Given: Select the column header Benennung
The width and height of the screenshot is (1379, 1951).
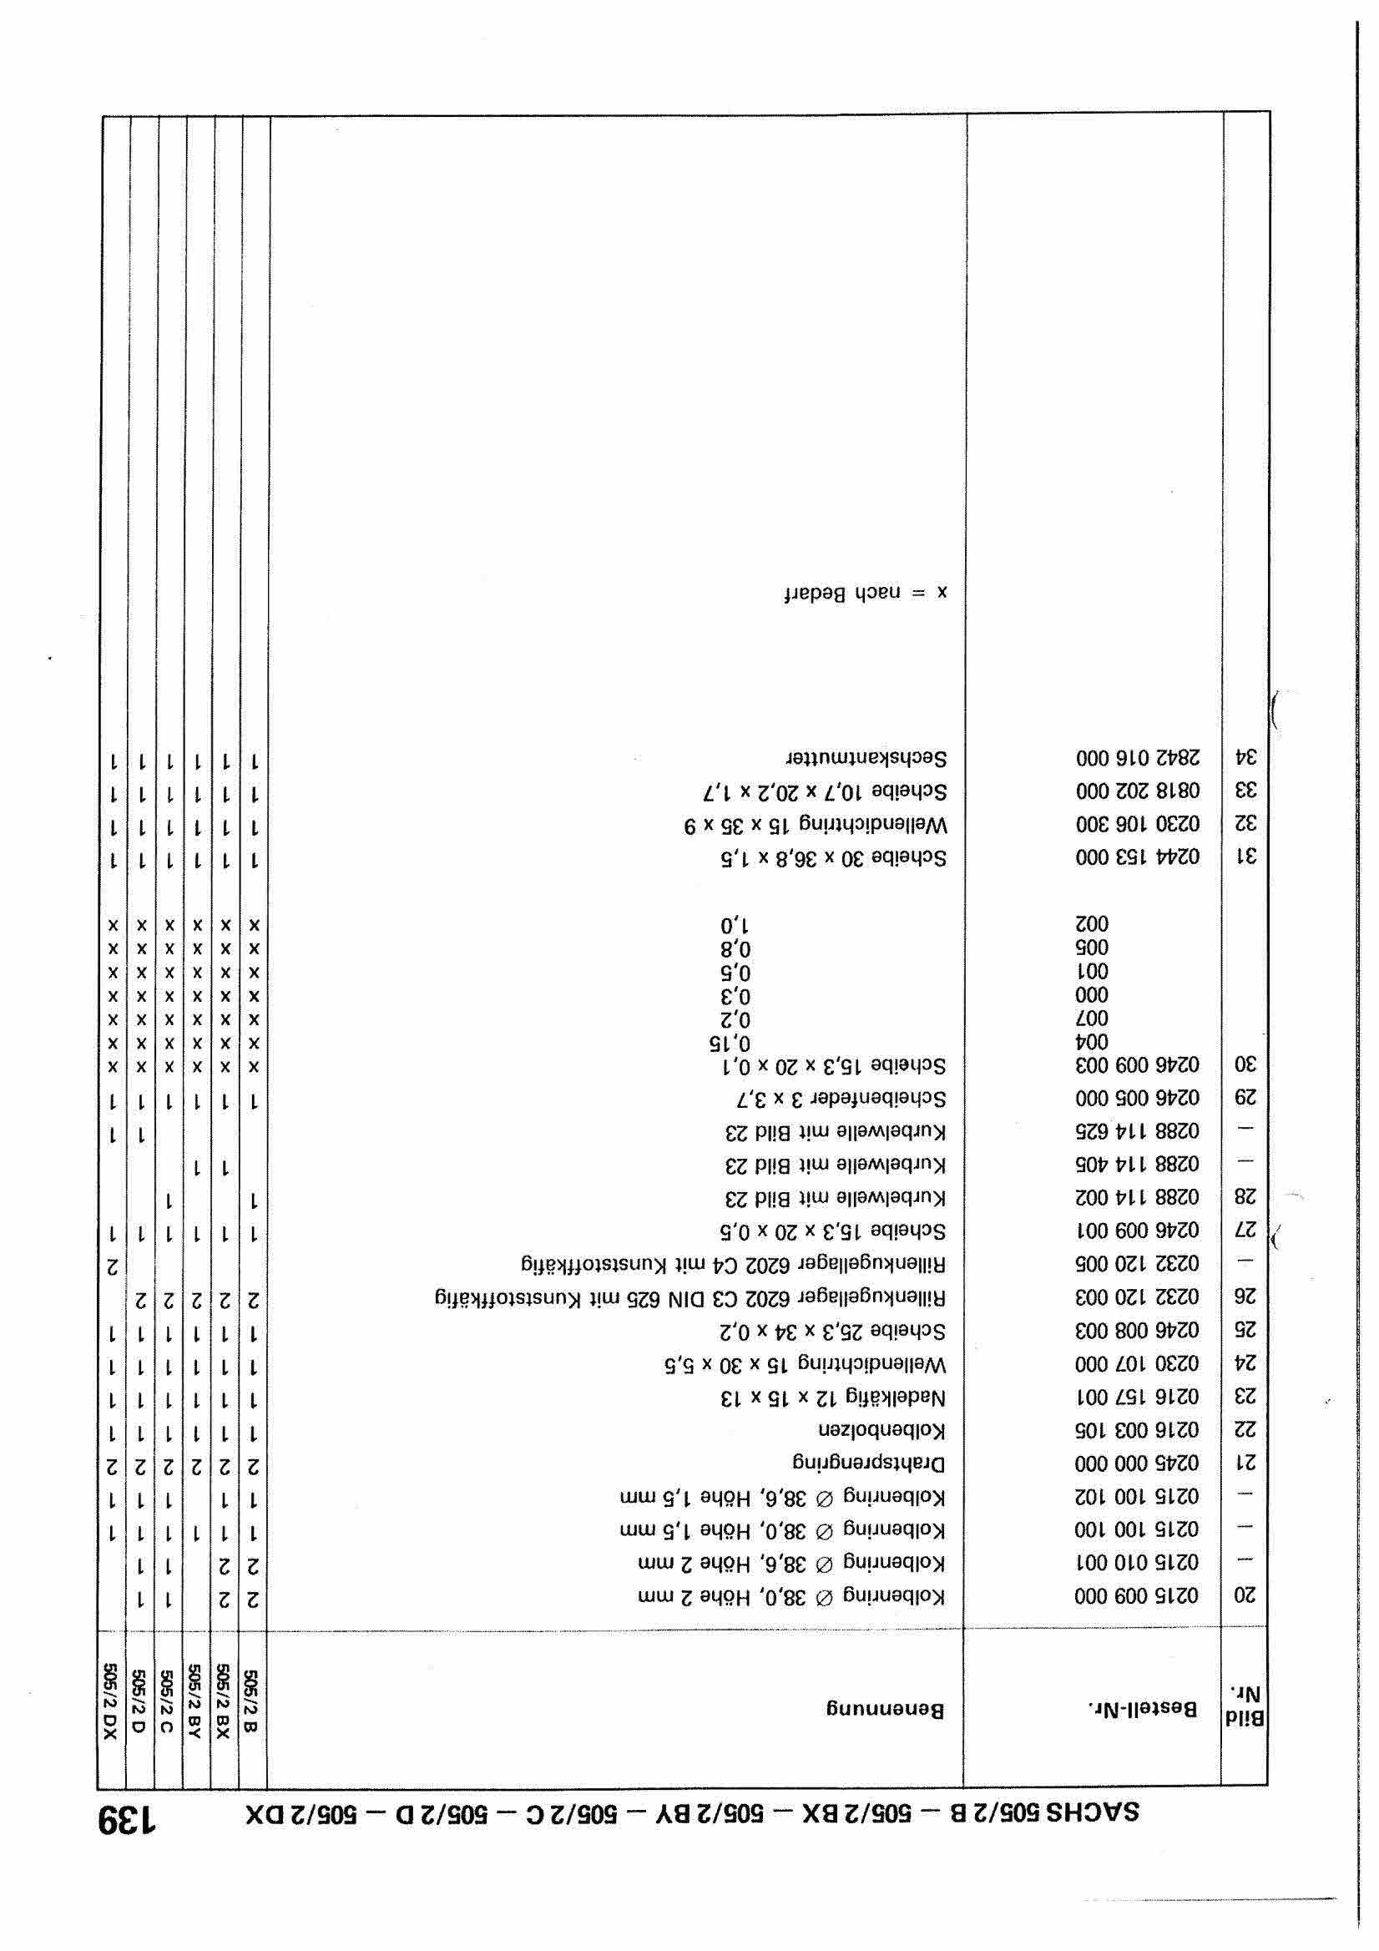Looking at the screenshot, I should click(886, 1709).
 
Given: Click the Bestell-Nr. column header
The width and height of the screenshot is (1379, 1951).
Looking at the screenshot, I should click(1143, 1708).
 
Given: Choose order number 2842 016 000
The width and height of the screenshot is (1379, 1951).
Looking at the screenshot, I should click(1138, 757).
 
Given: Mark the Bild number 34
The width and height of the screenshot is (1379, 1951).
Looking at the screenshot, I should click(1245, 757).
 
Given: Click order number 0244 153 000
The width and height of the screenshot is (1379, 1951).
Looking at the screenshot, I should click(1138, 857).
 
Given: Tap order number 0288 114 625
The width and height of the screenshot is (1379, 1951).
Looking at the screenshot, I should click(1138, 1132).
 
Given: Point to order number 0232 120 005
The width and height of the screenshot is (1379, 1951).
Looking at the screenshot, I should click(1138, 1265).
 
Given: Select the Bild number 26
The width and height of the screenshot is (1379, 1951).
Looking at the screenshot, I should click(1245, 1298).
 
